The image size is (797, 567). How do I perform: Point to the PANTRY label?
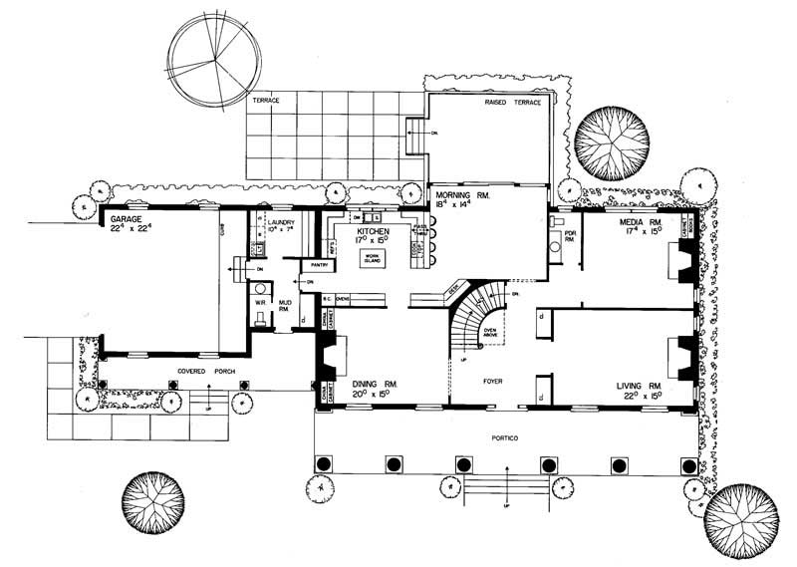click(x=320, y=266)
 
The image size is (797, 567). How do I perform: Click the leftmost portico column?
click(x=323, y=464)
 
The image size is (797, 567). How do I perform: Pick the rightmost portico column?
click(x=688, y=465)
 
